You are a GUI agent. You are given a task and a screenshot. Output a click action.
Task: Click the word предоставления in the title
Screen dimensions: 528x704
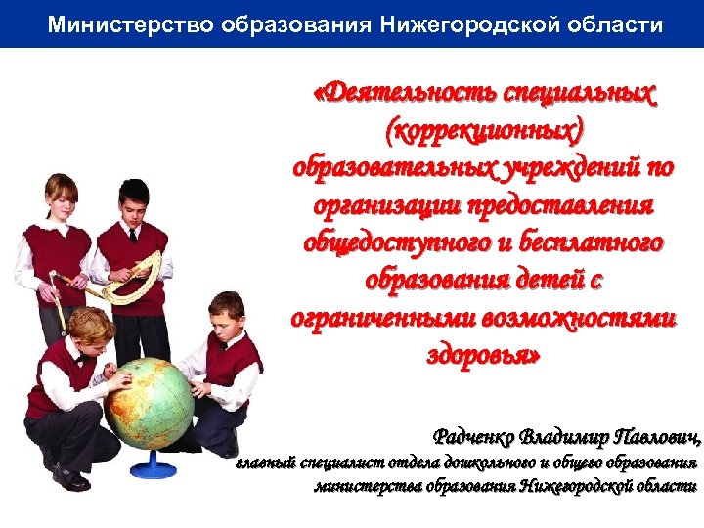click(x=553, y=206)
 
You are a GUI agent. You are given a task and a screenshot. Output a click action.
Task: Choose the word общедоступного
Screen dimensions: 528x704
click(x=400, y=243)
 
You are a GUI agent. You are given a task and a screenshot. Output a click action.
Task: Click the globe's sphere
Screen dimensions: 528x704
click(x=147, y=402)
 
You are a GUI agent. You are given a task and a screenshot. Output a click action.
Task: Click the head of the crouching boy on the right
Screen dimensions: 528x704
click(x=227, y=313)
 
